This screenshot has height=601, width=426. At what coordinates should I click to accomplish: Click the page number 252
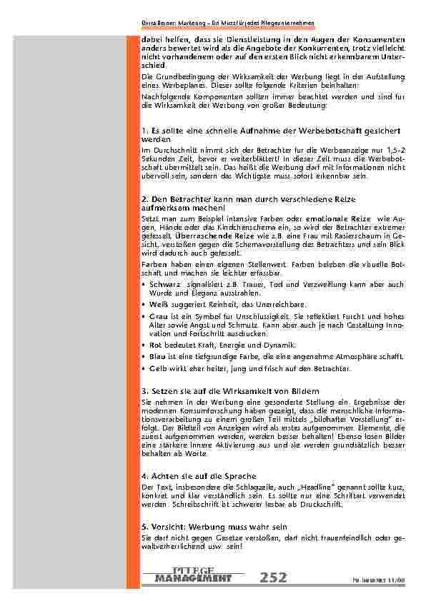pyautogui.click(x=276, y=577)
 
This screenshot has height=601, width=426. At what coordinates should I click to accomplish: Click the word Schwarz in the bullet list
pyautogui.click(x=164, y=284)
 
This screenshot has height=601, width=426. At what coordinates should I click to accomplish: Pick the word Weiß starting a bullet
pyautogui.click(x=159, y=303)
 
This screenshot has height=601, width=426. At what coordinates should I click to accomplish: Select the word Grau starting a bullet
pyautogui.click(x=159, y=315)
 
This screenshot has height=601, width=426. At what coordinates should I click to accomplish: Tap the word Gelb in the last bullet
pyautogui.click(x=158, y=368)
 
